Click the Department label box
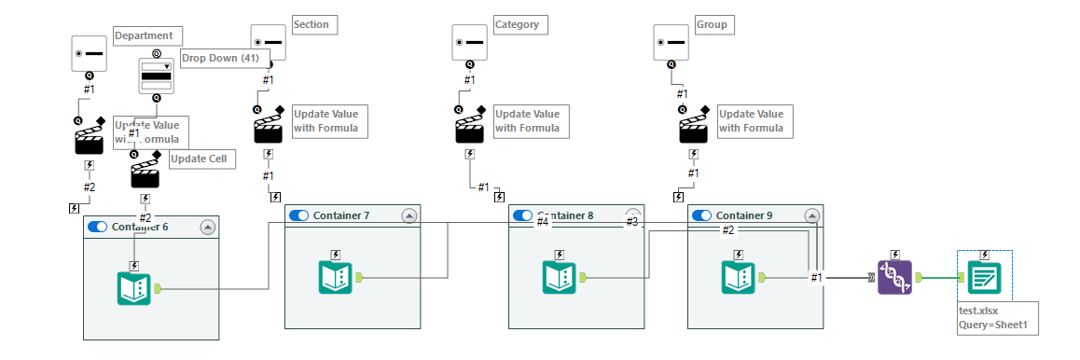coord(143,36)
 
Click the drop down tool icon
coord(156,76)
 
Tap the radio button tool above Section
coord(268,43)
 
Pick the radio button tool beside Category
coord(469,43)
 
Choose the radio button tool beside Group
coord(671,43)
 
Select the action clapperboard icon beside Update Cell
coord(145,171)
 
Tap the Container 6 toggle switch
coord(97,227)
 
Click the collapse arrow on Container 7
coord(408,215)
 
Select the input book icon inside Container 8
coord(559,278)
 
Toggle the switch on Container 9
coord(702,215)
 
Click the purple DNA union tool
coord(894,277)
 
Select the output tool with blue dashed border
coord(984,277)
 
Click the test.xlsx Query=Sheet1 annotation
coord(997,317)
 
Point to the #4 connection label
coord(542,222)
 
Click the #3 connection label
coord(631,222)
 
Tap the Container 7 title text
coord(341,215)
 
